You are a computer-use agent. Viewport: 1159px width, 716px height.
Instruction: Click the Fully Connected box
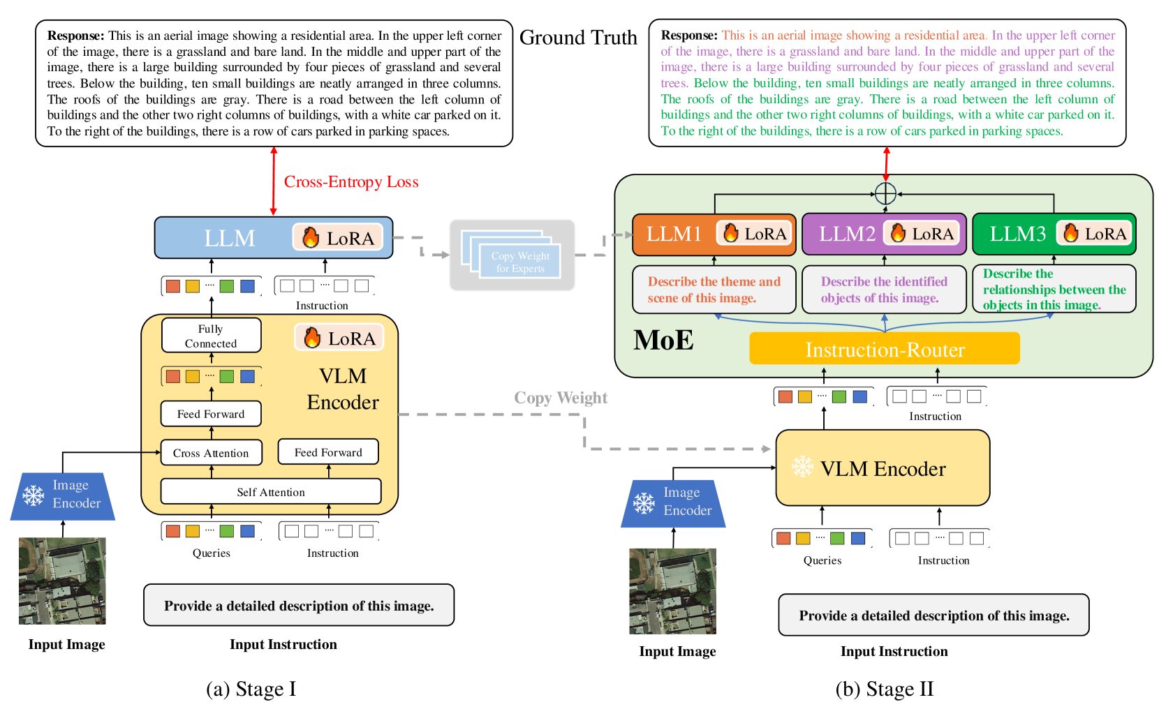tap(211, 335)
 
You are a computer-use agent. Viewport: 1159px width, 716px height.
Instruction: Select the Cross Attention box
tap(211, 453)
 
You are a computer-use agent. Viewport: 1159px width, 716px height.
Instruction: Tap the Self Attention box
tap(271, 491)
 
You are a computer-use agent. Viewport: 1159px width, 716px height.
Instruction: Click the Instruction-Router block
tap(884, 349)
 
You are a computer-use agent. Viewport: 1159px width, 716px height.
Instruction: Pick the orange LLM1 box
tap(714, 234)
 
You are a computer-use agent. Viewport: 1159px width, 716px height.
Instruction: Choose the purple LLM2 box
tap(884, 234)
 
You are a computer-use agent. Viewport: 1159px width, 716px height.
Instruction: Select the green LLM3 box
tap(1054, 234)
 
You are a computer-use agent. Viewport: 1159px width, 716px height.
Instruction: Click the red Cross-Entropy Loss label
tap(350, 181)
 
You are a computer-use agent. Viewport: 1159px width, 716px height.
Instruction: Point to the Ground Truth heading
tap(578, 37)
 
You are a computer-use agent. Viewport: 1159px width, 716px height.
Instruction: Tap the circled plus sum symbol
tap(885, 193)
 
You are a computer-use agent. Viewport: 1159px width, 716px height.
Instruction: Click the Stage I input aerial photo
tap(62, 581)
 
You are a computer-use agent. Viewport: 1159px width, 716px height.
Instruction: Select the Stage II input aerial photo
tap(672, 591)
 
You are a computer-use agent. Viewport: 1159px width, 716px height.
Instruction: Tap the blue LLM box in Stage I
tap(274, 237)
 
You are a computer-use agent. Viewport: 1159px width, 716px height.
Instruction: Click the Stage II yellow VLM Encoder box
tap(883, 468)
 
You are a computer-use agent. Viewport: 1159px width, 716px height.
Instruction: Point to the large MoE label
tap(663, 340)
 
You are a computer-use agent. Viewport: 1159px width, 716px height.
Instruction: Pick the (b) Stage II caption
tap(884, 689)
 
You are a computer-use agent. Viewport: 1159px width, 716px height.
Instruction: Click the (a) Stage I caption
tap(251, 689)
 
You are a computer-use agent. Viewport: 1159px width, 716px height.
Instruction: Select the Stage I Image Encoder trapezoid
tap(63, 496)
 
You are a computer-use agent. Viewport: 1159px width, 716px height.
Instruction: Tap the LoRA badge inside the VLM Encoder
tap(339, 338)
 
